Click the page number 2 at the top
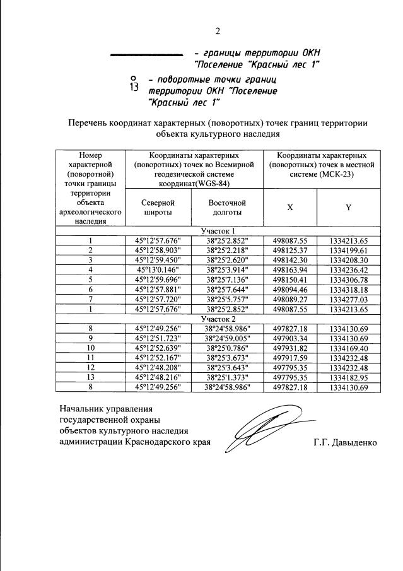(x=218, y=31)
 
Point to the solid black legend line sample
(x=146, y=54)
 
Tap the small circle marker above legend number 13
(x=131, y=78)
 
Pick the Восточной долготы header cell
(x=226, y=208)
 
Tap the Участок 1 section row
(x=218, y=231)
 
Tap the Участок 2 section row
(x=218, y=320)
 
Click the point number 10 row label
(x=91, y=348)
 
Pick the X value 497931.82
(x=289, y=348)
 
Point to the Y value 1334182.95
(x=348, y=377)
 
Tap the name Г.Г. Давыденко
(x=344, y=442)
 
